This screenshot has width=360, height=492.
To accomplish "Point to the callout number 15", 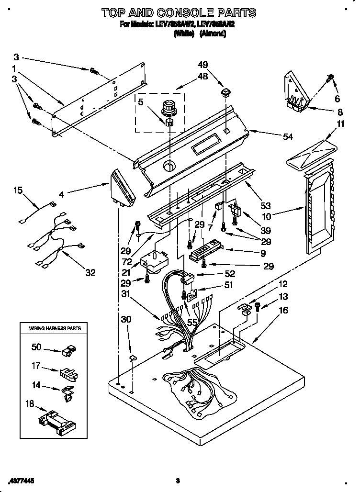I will click(x=18, y=190).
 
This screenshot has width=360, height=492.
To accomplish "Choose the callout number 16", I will click(x=283, y=311).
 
